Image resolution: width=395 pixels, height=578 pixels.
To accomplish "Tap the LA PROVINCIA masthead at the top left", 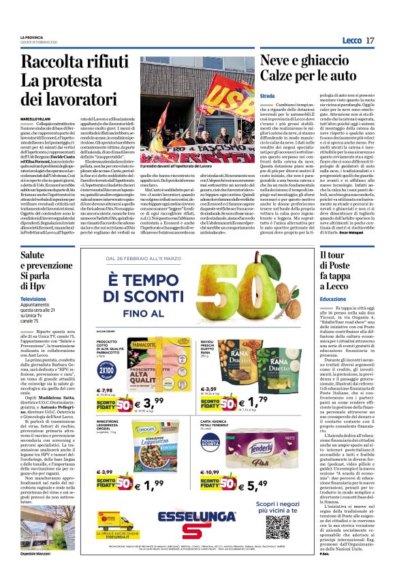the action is (x=31, y=36).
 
